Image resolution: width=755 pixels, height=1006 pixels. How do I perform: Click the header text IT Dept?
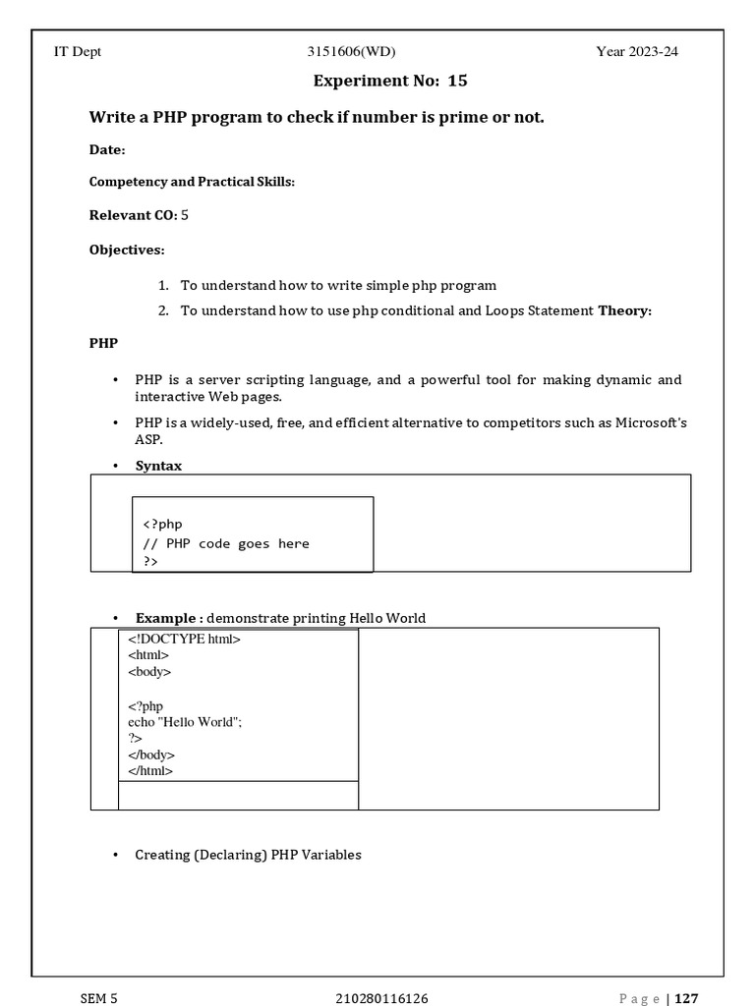point(77,52)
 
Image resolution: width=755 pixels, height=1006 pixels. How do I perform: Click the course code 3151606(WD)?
point(352,52)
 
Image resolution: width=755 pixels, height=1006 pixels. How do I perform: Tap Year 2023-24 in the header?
point(637,52)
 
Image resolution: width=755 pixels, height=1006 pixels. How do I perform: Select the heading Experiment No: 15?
point(383,81)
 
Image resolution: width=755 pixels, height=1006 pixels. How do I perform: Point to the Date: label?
point(107,150)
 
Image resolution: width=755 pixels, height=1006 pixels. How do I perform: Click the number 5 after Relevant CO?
point(185,215)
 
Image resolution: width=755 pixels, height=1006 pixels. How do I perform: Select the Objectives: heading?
point(127,251)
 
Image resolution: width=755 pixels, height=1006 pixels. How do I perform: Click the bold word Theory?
point(625,311)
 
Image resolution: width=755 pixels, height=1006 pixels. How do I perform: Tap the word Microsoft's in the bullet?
point(651,422)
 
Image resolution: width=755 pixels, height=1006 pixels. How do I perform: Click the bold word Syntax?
point(158,466)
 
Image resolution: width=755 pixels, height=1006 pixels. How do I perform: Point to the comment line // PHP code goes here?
point(226,543)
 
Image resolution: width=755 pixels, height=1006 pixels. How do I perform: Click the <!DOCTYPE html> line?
point(184,640)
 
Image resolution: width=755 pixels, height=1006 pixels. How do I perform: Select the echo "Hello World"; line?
point(185,722)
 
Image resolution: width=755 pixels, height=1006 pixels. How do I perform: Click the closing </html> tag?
point(150,771)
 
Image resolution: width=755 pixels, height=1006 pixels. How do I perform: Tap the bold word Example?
point(166,618)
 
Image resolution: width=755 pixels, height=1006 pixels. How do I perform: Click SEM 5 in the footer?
point(98,999)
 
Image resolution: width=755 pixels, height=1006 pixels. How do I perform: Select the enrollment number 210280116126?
point(381,999)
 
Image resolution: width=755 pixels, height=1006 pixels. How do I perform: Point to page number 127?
point(686,999)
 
